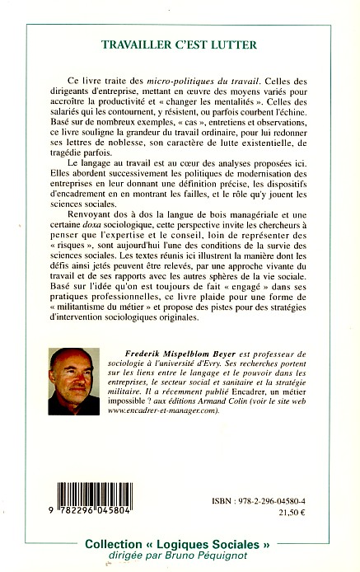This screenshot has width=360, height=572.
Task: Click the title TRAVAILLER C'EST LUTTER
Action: [x=180, y=47]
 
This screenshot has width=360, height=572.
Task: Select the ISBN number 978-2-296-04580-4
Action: [x=284, y=475]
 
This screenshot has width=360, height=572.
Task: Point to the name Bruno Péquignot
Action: [x=213, y=559]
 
